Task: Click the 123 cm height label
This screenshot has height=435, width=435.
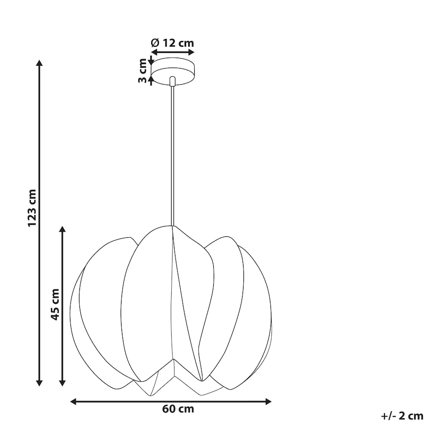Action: [32, 208]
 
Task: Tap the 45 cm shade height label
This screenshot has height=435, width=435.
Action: [55, 304]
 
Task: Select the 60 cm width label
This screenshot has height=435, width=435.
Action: [178, 409]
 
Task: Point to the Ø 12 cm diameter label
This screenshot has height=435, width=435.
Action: [172, 43]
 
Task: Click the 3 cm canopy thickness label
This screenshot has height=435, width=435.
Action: [142, 71]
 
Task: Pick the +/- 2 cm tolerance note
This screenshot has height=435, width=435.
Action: [402, 416]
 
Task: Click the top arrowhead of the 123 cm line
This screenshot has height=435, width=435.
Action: [39, 63]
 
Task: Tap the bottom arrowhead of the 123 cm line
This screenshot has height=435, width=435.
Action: [39, 383]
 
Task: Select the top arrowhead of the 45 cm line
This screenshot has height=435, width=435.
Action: [62, 229]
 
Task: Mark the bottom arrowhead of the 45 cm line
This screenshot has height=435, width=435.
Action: [62, 383]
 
